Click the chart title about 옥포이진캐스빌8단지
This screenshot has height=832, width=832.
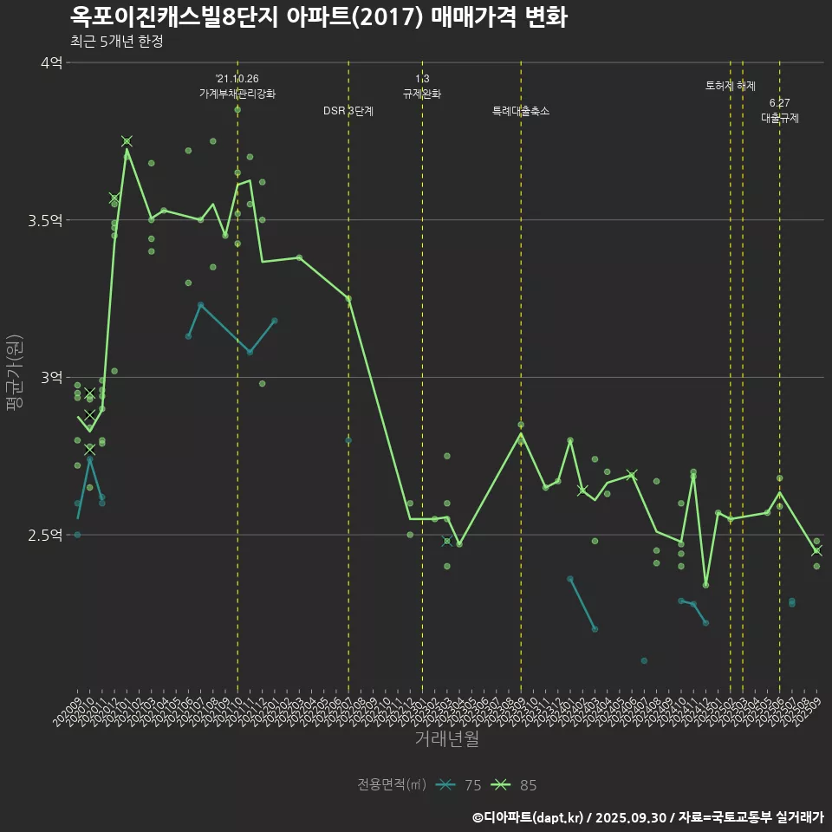[318, 17]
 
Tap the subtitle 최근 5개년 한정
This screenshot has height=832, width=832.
[116, 42]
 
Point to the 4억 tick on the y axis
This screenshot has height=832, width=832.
[50, 62]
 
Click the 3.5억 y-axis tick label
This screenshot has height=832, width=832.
[45, 220]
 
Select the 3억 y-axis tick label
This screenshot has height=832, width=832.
[50, 377]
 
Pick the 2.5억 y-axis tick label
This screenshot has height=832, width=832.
[45, 535]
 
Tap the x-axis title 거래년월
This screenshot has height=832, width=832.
[446, 738]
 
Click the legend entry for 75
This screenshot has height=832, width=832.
[459, 785]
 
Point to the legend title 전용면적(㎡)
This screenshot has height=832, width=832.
[392, 785]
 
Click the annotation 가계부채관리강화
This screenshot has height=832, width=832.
[237, 94]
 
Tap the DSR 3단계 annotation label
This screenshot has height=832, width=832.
[348, 111]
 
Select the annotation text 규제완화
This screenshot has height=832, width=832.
[422, 94]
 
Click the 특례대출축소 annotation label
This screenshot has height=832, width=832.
[521, 111]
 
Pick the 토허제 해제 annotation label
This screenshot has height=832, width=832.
[731, 86]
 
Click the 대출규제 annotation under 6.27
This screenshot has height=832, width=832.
[780, 118]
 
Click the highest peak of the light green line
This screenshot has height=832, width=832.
[127, 149]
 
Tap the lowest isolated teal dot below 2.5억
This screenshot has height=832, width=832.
[644, 660]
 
